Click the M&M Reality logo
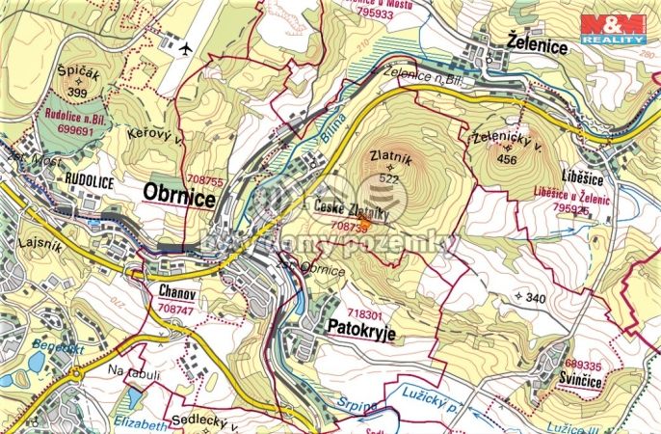click(x=613, y=29)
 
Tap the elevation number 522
click(x=389, y=178)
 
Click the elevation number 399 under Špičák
click(x=78, y=93)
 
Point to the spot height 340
click(x=535, y=298)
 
